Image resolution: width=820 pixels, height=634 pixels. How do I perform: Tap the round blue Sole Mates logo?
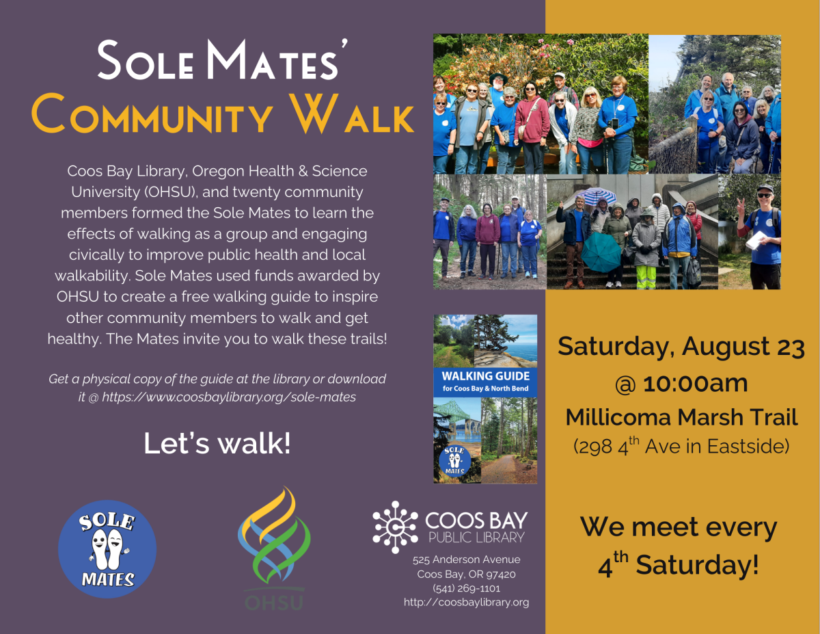tap(107, 549)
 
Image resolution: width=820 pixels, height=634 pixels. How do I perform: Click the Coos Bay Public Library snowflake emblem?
tap(395, 527)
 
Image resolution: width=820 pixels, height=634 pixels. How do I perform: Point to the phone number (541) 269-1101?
tap(466, 588)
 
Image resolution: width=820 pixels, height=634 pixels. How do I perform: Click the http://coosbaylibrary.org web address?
tap(466, 603)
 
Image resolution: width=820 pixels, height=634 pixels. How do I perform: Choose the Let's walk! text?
tap(217, 443)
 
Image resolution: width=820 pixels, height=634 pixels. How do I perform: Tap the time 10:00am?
tap(695, 384)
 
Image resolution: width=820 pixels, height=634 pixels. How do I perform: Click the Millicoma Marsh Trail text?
tap(681, 417)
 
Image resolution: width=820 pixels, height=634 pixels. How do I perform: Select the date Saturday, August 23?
tap(681, 347)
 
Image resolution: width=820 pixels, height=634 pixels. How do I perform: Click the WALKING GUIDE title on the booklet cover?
tap(485, 376)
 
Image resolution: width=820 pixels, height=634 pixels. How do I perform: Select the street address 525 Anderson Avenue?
tap(466, 559)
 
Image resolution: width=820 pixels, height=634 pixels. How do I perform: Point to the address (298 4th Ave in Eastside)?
tap(681, 447)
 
